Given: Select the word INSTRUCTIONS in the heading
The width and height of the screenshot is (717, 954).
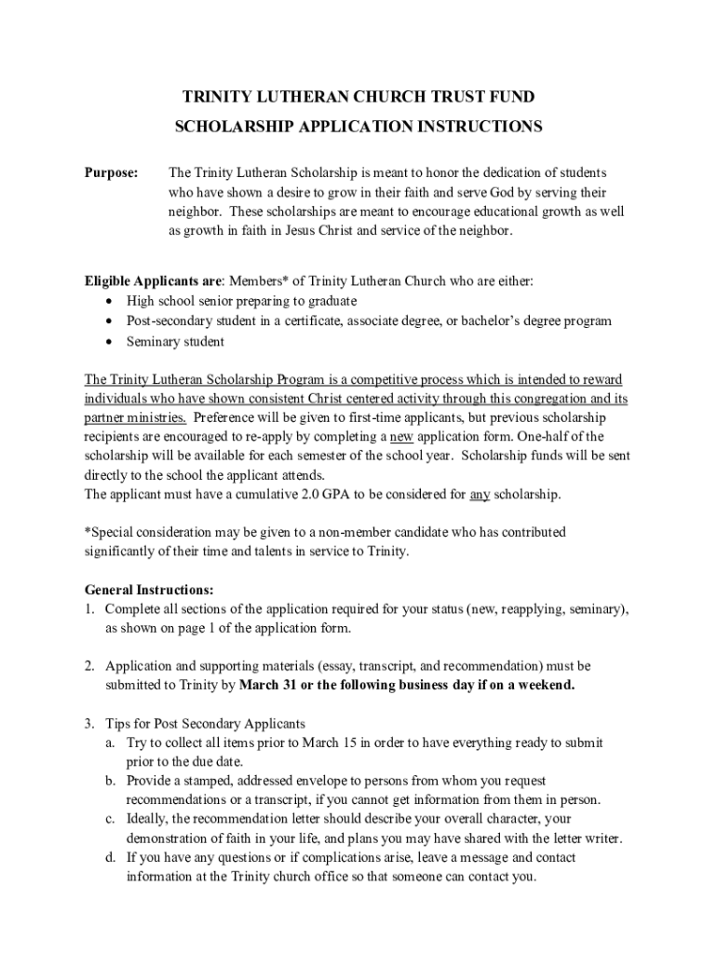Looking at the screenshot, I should point(466,126).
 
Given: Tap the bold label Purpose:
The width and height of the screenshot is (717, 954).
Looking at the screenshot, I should point(112,173).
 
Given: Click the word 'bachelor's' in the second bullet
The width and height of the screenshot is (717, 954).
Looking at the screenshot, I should point(507,321).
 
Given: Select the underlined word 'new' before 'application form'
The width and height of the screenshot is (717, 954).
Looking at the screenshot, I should point(401,436).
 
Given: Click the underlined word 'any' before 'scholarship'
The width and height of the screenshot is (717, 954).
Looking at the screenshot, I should point(480,494).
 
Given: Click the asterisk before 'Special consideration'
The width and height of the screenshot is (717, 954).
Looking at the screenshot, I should point(88,532).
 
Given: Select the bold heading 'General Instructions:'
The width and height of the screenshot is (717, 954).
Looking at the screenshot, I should point(149,590).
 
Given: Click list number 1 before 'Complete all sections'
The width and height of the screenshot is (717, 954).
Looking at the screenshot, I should point(89,609).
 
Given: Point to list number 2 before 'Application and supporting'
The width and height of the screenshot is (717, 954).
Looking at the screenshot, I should point(89,666).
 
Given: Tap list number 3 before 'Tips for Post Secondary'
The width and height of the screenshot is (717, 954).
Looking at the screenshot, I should point(89,724).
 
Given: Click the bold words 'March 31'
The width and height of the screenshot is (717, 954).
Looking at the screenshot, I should point(268,686).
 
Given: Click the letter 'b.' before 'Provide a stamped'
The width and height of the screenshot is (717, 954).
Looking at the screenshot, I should point(111,781).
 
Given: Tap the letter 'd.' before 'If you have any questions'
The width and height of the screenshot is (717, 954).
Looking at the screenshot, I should point(111,857).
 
